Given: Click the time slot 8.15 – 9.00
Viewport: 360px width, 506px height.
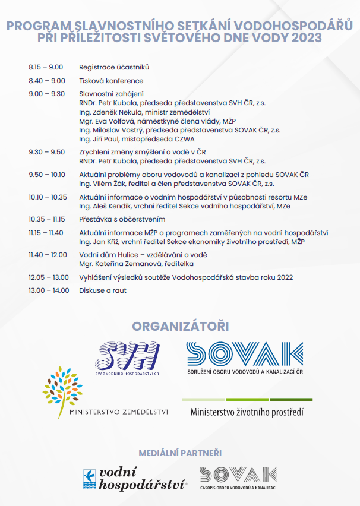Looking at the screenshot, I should pos(46,67).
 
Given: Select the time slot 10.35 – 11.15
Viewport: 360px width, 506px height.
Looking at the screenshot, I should pos(47,219).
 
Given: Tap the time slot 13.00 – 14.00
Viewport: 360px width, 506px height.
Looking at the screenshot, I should pos(49,290).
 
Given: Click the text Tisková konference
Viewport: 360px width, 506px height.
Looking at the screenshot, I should pos(111,81).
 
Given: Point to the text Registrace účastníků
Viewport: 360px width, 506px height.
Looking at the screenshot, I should pos(114,67).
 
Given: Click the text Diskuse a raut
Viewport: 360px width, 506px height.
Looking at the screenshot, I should pos(103,290).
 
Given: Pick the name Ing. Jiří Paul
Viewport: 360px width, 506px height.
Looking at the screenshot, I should pos(99,138).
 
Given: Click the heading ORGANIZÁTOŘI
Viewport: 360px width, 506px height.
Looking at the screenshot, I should pos(180,327).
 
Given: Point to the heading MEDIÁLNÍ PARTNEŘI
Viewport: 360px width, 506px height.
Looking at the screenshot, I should pos(180,453).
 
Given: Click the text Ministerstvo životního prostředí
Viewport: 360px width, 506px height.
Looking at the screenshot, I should pos(247,412).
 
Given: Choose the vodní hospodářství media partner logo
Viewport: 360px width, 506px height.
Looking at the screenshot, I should pos(135,479).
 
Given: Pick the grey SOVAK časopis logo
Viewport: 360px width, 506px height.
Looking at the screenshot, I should pos(238,478).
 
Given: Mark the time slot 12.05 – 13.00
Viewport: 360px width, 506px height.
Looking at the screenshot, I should pos(48,277).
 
